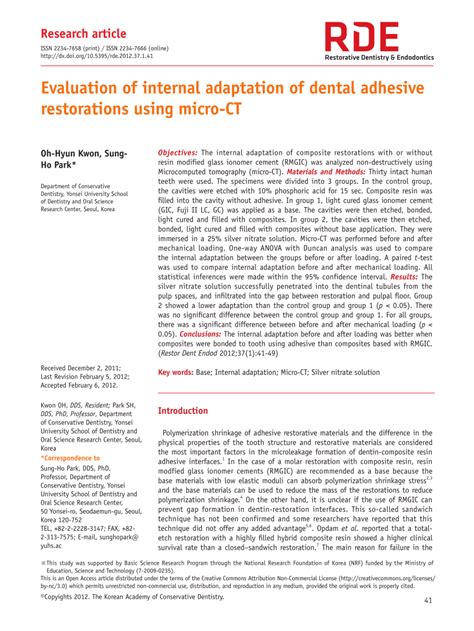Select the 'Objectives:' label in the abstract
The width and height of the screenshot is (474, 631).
(178, 153)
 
